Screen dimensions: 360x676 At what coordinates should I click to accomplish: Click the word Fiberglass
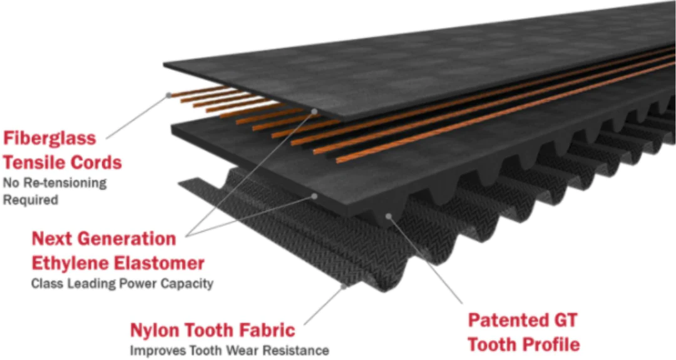49,138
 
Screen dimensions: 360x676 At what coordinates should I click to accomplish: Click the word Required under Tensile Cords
31,200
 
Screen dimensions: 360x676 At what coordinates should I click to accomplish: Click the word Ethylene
67,262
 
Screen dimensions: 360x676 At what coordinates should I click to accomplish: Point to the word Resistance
298,351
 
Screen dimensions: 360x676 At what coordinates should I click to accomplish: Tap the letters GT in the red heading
565,321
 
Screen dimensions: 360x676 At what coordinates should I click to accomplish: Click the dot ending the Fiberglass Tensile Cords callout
168,95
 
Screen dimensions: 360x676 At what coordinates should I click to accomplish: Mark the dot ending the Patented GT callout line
389,216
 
